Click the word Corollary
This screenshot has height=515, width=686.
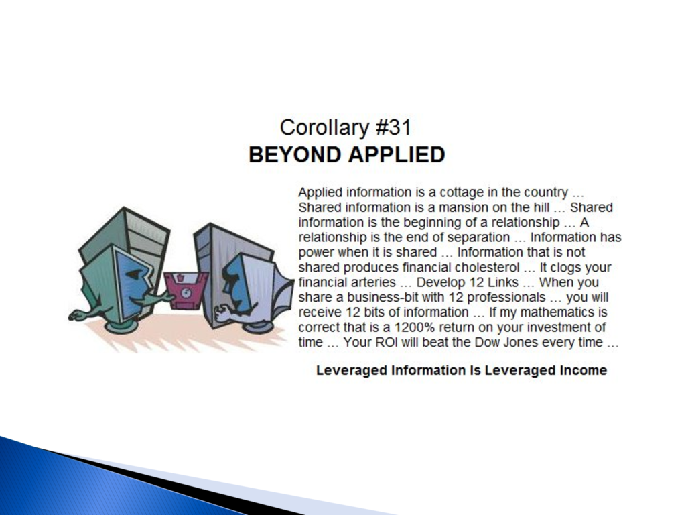click(x=324, y=128)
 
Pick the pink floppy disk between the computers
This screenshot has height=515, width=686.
click(x=186, y=290)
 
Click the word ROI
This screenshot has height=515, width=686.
click(x=387, y=342)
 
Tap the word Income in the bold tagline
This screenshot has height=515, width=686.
click(x=584, y=370)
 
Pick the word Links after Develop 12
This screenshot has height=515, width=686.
click(x=502, y=282)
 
